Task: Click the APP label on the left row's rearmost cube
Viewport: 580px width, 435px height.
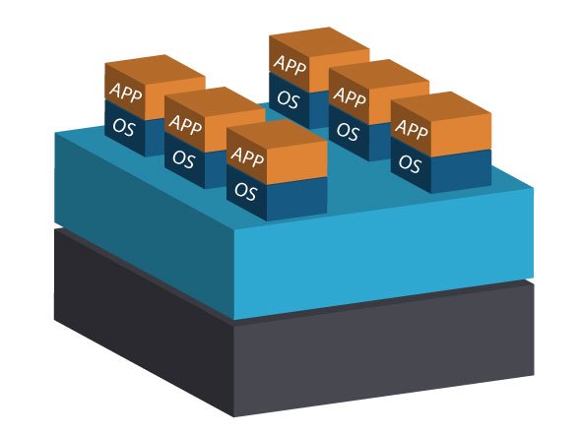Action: click(x=126, y=93)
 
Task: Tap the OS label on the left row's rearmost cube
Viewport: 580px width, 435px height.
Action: click(x=123, y=127)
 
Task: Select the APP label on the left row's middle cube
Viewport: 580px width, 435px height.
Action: click(x=185, y=125)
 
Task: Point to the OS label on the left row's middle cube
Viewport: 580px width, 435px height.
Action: click(x=183, y=158)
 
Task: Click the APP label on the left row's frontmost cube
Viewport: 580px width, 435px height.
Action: click(x=247, y=156)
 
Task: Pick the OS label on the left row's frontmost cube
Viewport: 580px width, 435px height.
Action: click(x=245, y=192)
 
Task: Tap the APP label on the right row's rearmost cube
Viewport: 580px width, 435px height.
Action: click(x=290, y=65)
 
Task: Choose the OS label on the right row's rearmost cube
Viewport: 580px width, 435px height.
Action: click(x=289, y=99)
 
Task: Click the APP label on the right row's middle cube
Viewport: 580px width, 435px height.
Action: click(x=350, y=96)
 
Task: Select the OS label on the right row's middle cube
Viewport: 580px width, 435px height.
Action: click(x=348, y=131)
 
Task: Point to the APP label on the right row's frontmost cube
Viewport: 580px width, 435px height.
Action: click(x=412, y=129)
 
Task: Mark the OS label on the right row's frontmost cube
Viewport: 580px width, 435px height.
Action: click(x=410, y=163)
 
